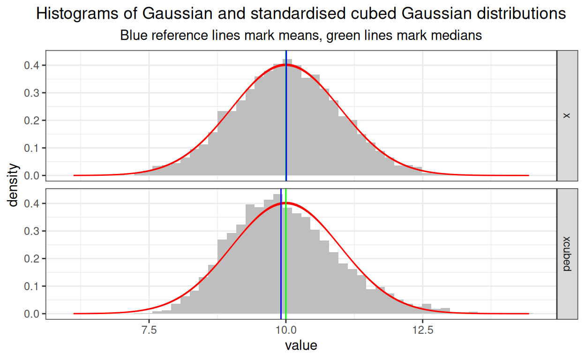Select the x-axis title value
point(301,346)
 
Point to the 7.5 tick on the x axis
point(149,329)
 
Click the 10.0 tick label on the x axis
point(286,329)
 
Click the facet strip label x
point(567,115)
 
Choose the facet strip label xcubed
point(567,254)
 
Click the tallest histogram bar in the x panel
point(289,117)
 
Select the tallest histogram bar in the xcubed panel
point(277,253)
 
